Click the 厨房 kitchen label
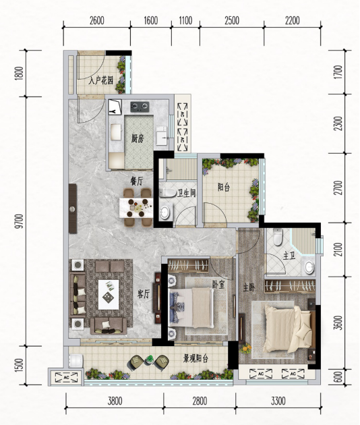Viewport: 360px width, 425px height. [138, 138]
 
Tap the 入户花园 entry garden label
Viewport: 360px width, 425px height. [100, 80]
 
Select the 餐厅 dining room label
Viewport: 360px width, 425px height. [137, 181]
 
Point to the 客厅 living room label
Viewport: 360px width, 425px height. [144, 293]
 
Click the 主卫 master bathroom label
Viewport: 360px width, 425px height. [289, 256]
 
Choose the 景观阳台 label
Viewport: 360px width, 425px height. [196, 359]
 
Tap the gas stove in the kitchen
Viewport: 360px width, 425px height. [140, 107]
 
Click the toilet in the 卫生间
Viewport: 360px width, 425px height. [168, 193]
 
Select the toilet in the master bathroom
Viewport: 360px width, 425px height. [278, 237]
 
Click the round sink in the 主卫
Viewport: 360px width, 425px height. [309, 268]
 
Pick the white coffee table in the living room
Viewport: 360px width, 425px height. [109, 295]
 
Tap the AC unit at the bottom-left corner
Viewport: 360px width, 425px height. [66, 377]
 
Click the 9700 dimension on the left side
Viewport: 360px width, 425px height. [19, 221]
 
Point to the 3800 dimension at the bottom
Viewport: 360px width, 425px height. [115, 401]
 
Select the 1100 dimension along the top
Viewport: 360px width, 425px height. [185, 21]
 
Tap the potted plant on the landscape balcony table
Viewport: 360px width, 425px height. [150, 360]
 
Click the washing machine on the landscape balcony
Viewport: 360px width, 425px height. [76, 360]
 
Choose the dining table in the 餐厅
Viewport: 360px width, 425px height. [136, 208]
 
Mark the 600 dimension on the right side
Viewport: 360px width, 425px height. [338, 377]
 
